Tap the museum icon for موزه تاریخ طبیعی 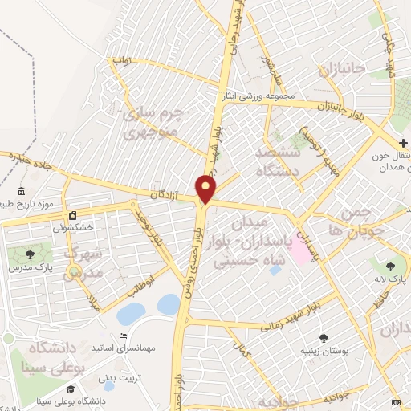pos(21,190)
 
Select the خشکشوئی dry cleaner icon pos(73,215)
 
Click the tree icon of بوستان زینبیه pos(324,337)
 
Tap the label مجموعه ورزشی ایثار pos(258,96)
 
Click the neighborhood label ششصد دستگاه pos(277,161)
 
